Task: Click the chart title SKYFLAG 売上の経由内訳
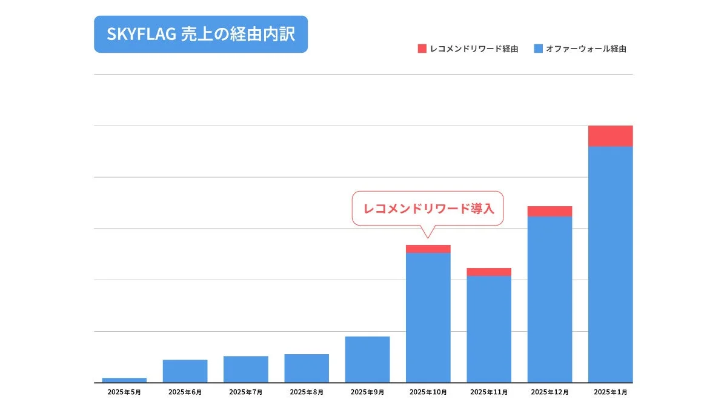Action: click(201, 35)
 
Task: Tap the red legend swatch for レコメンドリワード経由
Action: click(422, 49)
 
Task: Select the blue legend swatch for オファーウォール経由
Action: click(538, 49)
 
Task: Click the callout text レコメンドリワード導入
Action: click(428, 209)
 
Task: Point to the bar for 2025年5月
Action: click(124, 380)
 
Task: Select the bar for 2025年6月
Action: click(185, 371)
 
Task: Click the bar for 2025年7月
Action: click(245, 369)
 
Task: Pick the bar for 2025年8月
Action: click(307, 368)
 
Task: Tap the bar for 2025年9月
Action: click(367, 359)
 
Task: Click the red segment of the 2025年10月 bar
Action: click(428, 249)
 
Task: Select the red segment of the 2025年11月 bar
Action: click(489, 272)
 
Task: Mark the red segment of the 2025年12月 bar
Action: click(549, 211)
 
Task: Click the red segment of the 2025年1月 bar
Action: click(610, 136)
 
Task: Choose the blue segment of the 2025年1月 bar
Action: click(610, 264)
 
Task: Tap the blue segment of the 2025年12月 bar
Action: click(549, 299)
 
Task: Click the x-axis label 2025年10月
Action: click(428, 392)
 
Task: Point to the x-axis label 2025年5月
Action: click(124, 392)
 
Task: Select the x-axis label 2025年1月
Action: click(610, 392)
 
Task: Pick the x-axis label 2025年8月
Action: click(307, 392)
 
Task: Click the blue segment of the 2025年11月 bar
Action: click(489, 329)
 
